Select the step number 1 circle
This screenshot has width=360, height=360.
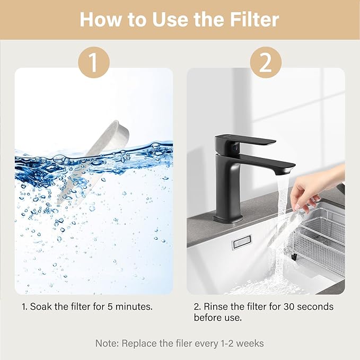(93, 63)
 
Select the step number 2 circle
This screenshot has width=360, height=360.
(266, 63)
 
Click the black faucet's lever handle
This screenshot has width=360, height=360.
(247, 141)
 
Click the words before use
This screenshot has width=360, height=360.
(225, 318)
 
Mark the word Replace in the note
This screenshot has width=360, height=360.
(139, 343)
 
